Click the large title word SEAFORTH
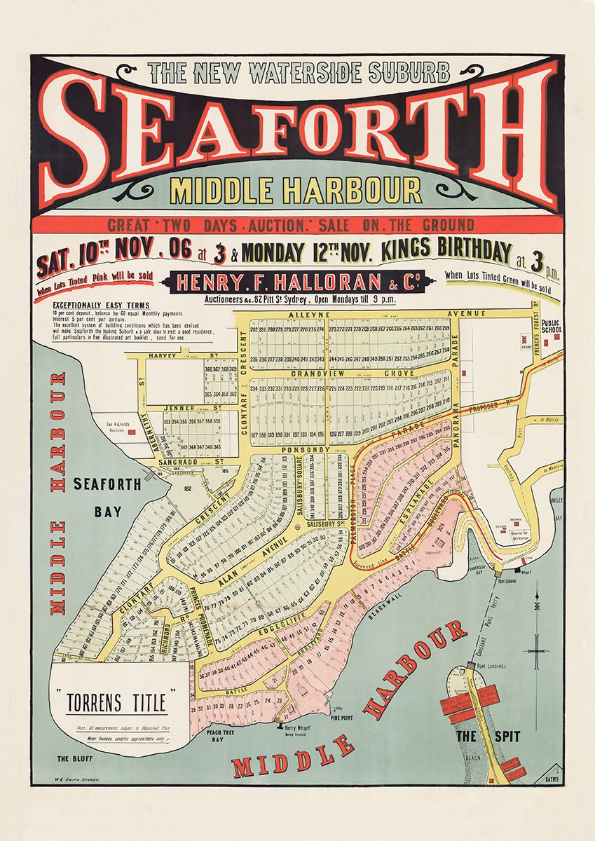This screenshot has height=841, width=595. click(297, 133)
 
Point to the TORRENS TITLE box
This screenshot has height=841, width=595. click(116, 702)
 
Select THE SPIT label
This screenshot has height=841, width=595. click(476, 737)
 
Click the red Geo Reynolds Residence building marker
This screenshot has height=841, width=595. click(131, 432)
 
